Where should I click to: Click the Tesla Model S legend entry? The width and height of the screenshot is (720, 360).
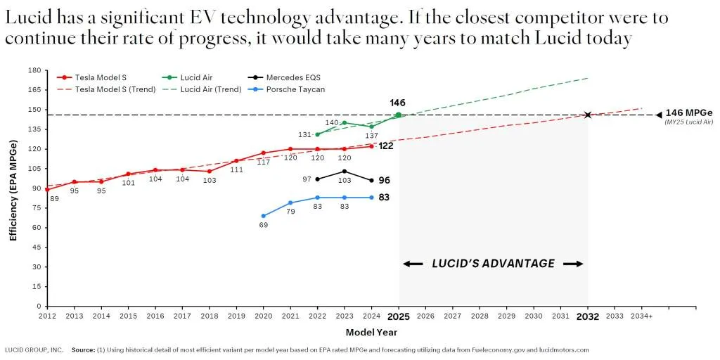click(x=105, y=77)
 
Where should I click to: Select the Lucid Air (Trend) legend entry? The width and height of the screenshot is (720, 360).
click(x=211, y=89)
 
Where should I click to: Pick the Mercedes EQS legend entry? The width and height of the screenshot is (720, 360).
click(x=293, y=77)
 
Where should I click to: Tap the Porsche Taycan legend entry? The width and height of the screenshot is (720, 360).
click(x=295, y=89)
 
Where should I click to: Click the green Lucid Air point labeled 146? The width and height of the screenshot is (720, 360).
click(x=399, y=115)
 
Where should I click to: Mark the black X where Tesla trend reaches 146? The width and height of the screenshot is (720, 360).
click(x=588, y=115)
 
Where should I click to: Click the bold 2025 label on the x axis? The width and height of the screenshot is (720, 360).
click(x=399, y=316)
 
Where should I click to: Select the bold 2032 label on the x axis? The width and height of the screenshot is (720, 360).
click(x=588, y=316)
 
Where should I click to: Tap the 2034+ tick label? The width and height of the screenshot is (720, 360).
click(x=641, y=316)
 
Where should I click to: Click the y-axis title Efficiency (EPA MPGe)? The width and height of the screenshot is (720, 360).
click(x=13, y=188)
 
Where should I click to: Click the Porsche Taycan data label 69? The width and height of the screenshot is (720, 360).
click(x=264, y=225)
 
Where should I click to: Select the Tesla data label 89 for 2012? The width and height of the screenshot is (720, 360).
click(x=56, y=199)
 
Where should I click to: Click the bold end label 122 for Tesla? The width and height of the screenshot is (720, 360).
click(x=386, y=146)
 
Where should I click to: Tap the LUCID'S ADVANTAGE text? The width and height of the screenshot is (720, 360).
click(x=493, y=264)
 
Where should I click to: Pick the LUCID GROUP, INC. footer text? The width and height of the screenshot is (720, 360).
click(x=34, y=349)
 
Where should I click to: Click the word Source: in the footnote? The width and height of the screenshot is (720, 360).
click(x=84, y=349)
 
